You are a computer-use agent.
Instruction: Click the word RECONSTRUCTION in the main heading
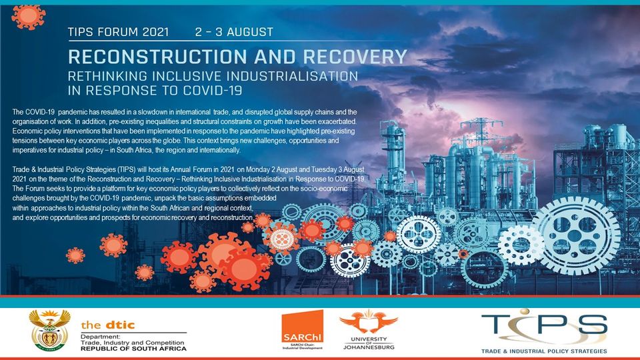(157, 56)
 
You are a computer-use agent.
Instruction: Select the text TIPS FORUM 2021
(119, 32)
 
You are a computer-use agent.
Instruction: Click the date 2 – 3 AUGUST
(234, 32)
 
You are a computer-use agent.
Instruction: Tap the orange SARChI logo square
(303, 327)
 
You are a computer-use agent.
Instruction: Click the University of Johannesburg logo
(369, 329)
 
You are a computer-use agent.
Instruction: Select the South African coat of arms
(50, 330)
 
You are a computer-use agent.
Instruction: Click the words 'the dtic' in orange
(108, 325)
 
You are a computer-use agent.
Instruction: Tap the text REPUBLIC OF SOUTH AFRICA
(133, 349)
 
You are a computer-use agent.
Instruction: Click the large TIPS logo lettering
(544, 325)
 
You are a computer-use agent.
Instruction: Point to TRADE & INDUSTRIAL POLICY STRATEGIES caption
(544, 351)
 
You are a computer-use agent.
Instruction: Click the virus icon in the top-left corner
(28, 16)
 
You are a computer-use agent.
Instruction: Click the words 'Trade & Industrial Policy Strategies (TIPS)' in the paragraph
(74, 169)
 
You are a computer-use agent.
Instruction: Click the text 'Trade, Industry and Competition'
(132, 343)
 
